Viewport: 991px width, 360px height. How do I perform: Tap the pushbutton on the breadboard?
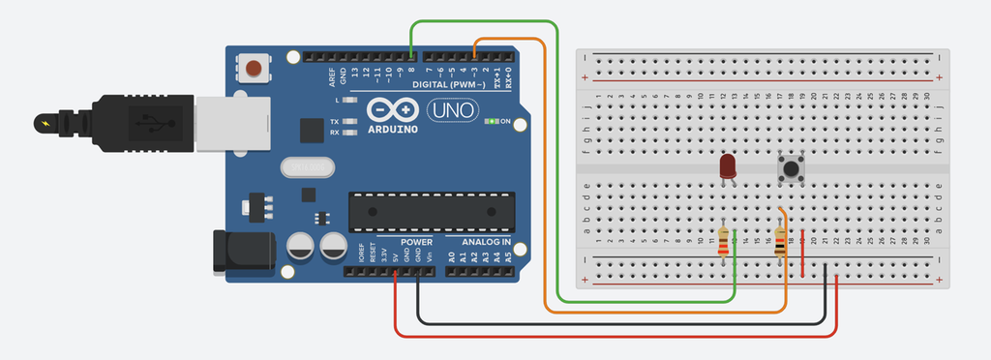pyautogui.click(x=793, y=169)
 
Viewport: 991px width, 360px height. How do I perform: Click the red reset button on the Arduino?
pyautogui.click(x=254, y=69)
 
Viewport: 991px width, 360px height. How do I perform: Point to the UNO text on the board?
pyautogui.click(x=452, y=110)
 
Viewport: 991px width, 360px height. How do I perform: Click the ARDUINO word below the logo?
pyautogui.click(x=393, y=128)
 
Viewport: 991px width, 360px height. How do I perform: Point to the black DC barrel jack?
pyautogui.click(x=242, y=254)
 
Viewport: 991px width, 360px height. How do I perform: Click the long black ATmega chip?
pyautogui.click(x=427, y=204)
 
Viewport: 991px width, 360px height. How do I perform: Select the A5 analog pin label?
pyautogui.click(x=507, y=257)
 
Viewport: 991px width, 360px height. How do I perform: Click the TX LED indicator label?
pyautogui.click(x=334, y=122)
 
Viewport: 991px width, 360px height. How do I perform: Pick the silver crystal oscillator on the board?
pyautogui.click(x=307, y=168)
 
